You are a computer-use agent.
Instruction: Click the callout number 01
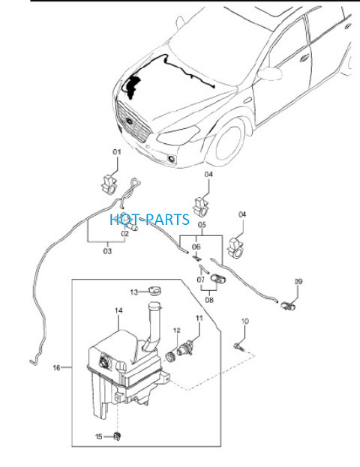point(117,152)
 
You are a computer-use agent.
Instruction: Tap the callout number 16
point(56,368)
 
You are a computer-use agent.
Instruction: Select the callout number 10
point(244,322)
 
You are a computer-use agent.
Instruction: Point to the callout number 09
point(298,281)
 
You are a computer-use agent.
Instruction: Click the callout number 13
point(134,292)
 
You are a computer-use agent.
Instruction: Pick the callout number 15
point(99,436)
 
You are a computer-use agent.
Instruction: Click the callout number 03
point(107,251)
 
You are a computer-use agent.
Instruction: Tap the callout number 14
point(118,310)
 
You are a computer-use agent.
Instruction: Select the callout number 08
point(209,300)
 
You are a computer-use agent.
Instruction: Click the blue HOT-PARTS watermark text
point(149,220)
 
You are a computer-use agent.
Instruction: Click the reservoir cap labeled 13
point(154,290)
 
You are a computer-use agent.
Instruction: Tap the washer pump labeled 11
point(186,348)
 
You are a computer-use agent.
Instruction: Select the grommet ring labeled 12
point(171,356)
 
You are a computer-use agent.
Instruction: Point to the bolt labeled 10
point(238,346)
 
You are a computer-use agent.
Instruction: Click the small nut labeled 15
point(118,436)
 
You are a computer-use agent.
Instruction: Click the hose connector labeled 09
point(289,305)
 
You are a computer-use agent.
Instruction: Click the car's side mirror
point(270,73)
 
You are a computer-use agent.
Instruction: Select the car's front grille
point(133,122)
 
